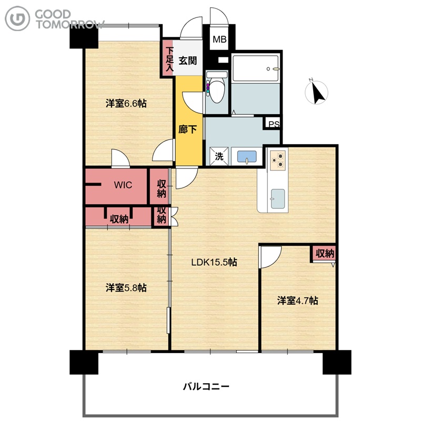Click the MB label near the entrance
pos(219,39)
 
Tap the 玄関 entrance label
pos(188,61)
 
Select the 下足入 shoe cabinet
pos(168,58)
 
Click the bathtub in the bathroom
pos(255,68)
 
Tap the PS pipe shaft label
pos(274,124)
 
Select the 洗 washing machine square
pos(219,156)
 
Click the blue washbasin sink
pos(247,156)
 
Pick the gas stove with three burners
pos(278,161)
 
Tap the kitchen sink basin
pos(278,199)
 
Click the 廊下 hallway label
pos(188,129)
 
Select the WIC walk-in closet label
pos(123,185)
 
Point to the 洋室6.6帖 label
pos(126,103)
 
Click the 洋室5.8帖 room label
pos(126,288)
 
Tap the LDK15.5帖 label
pos(214,262)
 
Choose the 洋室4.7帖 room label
pos(297,300)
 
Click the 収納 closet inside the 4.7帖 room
pos(323,254)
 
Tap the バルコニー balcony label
pos(206,387)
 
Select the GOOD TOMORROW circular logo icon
pos(17,18)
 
